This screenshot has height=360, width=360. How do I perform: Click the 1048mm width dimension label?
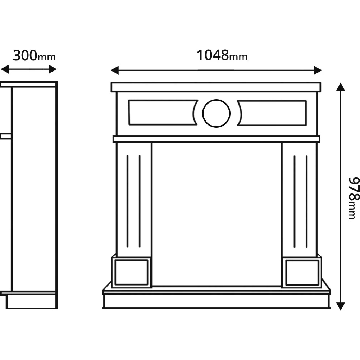[222, 55]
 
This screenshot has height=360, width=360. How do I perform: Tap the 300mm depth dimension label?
[34, 56]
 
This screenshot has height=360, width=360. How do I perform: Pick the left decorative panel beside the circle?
[162, 113]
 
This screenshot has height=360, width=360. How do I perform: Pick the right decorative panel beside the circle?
[272, 113]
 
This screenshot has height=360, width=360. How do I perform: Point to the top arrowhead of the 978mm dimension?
[340, 87]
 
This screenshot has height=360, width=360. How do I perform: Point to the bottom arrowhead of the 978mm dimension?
[340, 306]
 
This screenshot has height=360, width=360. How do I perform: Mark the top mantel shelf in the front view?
[216, 87]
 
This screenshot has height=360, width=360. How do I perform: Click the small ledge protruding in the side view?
[6, 136]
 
